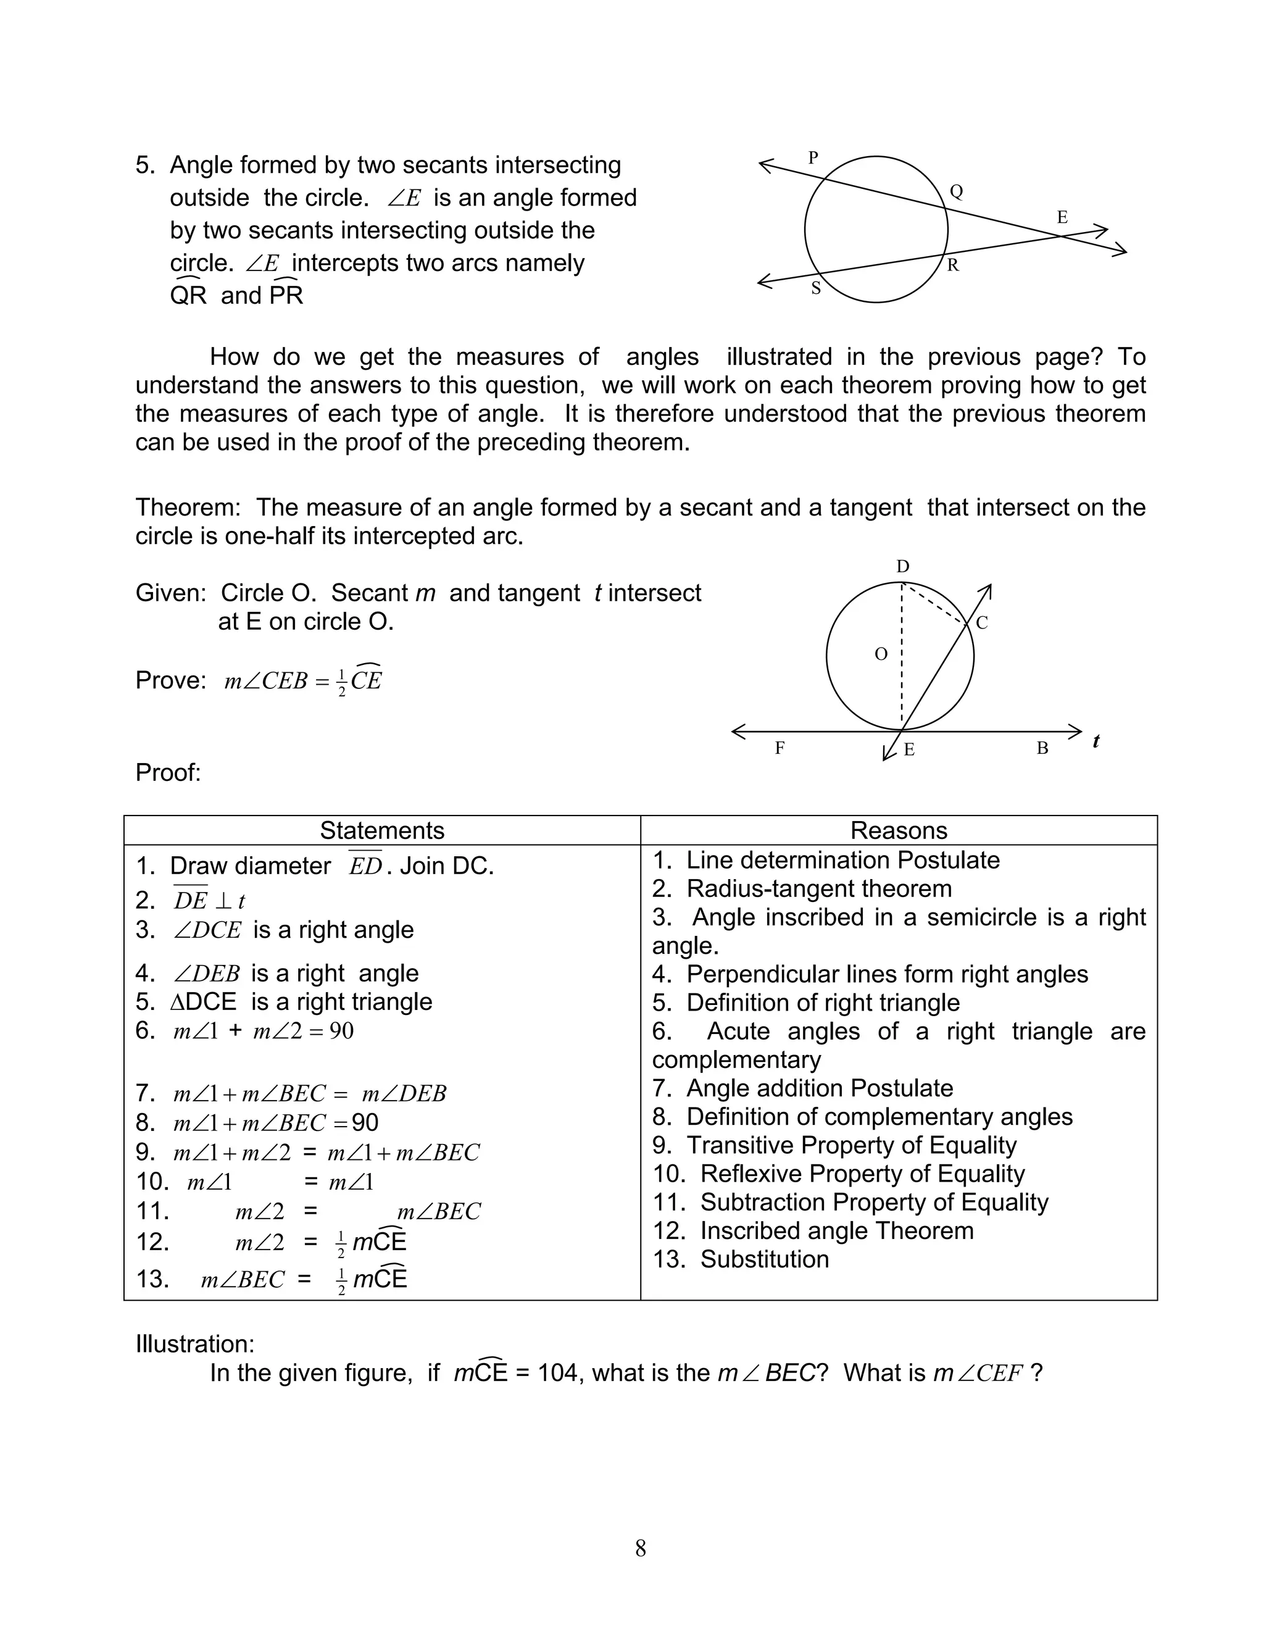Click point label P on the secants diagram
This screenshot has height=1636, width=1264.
813,158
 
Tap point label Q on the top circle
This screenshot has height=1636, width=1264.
956,192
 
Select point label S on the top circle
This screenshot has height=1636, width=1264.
816,288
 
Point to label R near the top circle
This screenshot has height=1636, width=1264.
953,265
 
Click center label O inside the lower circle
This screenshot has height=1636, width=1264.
881,654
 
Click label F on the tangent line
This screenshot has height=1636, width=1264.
780,748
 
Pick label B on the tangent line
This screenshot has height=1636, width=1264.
1042,748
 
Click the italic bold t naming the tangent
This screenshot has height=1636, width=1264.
1096,741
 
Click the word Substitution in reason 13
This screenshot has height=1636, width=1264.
765,1259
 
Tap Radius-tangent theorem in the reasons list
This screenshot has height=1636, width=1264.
819,888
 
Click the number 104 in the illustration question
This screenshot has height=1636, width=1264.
558,1372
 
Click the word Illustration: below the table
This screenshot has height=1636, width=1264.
194,1344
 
